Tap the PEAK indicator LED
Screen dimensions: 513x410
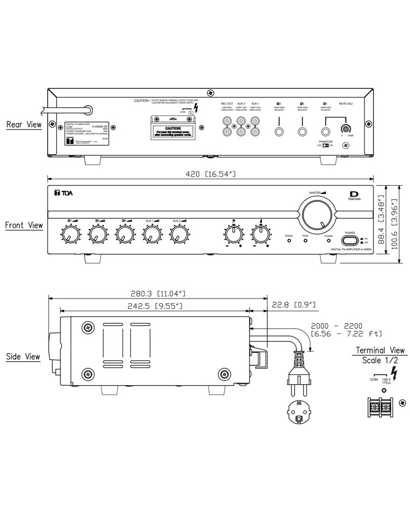(x=305, y=240)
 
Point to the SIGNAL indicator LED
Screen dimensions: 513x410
(x=289, y=240)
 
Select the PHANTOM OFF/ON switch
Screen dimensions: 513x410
(x=325, y=145)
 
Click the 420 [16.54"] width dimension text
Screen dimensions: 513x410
(x=210, y=175)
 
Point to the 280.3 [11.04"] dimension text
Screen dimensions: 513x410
(x=157, y=293)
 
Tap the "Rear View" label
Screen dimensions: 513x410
(x=24, y=125)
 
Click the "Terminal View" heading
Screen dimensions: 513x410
(x=380, y=350)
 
